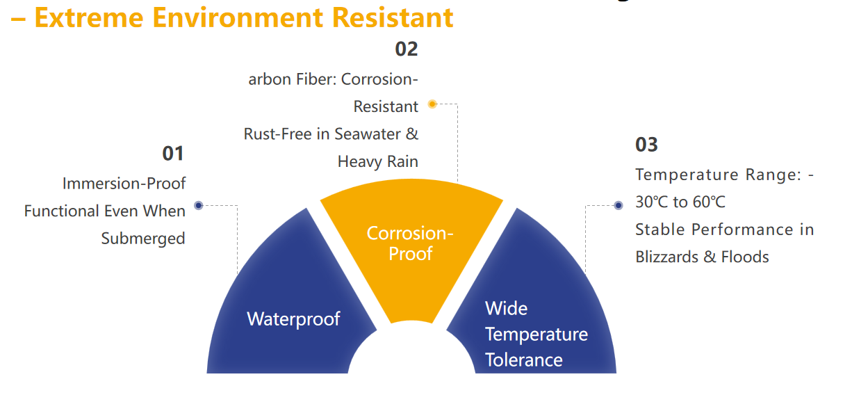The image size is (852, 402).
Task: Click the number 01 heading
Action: pos(172,154)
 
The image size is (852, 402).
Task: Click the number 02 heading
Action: pos(407,49)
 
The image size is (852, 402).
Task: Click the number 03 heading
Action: pos(646,145)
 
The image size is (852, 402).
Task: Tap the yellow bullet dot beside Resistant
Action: pos(432,104)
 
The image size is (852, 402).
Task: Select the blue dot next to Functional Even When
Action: pos(199,206)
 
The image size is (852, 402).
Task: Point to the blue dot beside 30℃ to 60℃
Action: pos(618,206)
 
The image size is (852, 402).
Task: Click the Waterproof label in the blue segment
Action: pos(293,319)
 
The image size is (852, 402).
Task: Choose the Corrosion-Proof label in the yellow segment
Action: pos(410,243)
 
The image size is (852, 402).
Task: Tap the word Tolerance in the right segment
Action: pos(524,360)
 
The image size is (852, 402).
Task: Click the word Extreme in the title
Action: pos(89,18)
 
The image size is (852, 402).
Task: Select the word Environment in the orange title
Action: pos(238,18)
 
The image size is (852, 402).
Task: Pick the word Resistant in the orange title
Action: pos(393,18)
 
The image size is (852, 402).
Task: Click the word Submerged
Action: pos(143,239)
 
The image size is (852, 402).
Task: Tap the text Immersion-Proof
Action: pos(124,184)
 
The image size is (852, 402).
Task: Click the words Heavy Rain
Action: pos(377,162)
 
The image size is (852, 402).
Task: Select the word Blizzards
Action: pos(667,257)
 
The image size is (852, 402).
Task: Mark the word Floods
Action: pos(745,257)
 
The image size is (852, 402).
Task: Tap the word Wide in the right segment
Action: pos(506,308)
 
